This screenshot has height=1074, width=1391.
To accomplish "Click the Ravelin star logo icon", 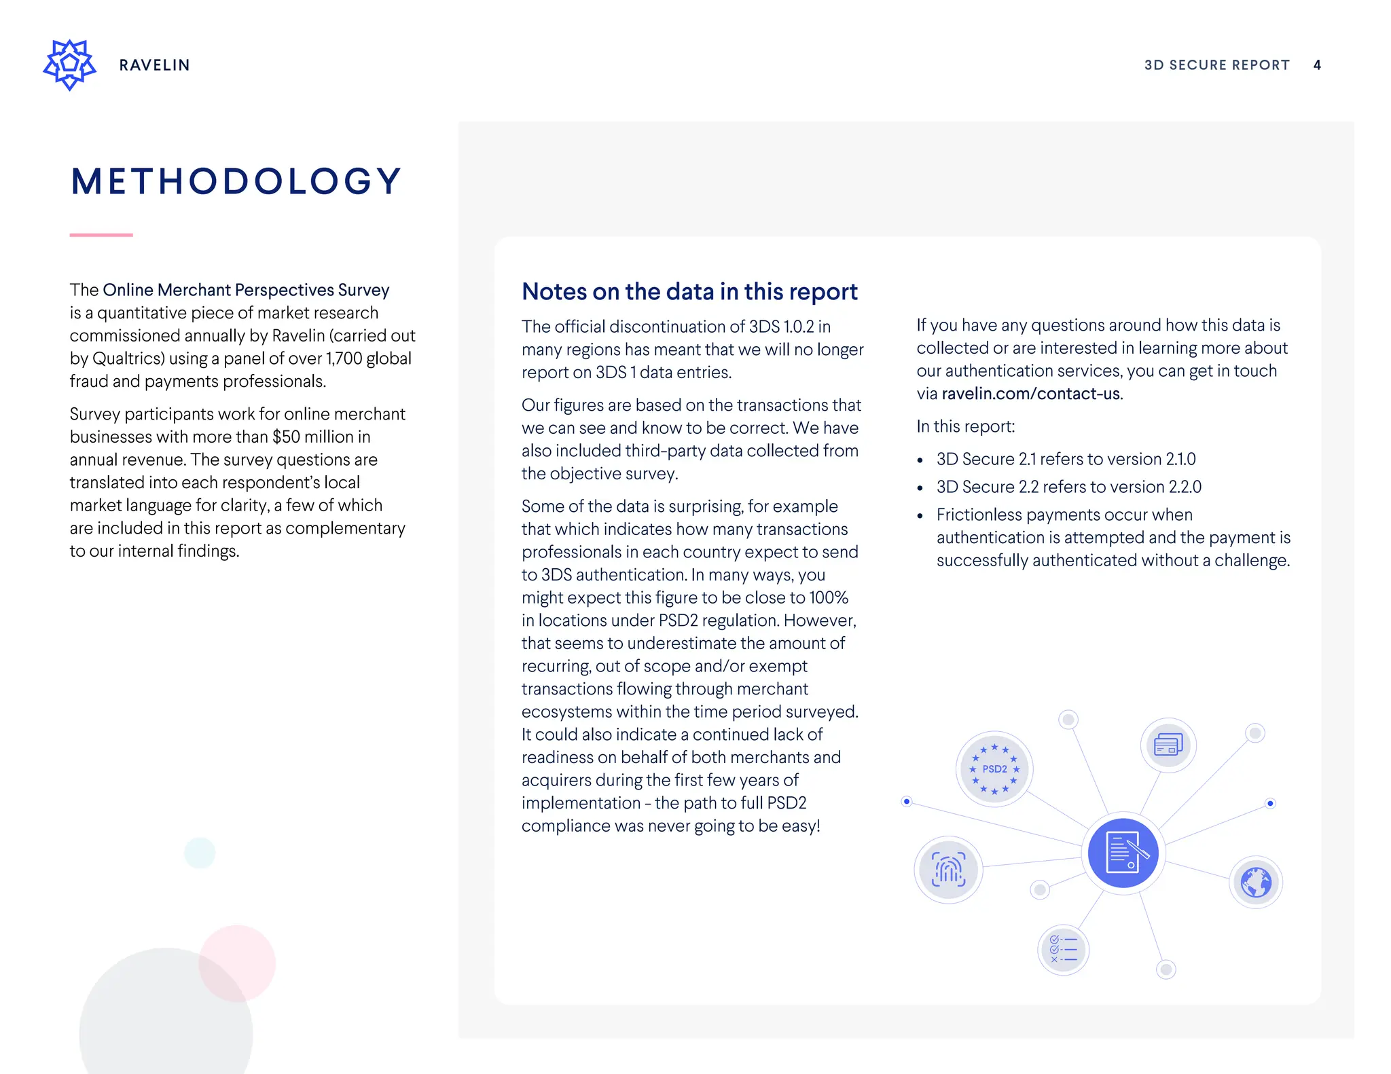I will (x=69, y=64).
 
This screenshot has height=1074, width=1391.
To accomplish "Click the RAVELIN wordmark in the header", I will (x=154, y=65).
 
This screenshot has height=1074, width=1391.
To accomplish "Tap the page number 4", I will (x=1317, y=65).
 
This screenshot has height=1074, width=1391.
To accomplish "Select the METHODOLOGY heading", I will (x=236, y=181).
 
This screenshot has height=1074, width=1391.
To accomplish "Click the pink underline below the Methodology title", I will (x=101, y=235).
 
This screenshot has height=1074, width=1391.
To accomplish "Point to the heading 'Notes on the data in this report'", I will (x=689, y=291).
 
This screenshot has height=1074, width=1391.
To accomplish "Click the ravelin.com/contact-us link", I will (x=1031, y=394).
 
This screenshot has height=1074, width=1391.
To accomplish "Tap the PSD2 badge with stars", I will (x=994, y=769).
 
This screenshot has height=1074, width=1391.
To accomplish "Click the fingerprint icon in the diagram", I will (x=948, y=870).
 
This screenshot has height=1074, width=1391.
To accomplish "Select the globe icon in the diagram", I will (x=1256, y=883).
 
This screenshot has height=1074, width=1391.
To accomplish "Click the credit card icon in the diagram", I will (x=1168, y=745).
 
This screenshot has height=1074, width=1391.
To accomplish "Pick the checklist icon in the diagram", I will (x=1063, y=949).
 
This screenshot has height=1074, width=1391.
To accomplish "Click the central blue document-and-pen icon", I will (x=1123, y=853).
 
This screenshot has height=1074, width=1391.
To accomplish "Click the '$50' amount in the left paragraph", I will (x=286, y=437).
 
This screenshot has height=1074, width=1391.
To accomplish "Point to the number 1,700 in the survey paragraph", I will (x=344, y=358).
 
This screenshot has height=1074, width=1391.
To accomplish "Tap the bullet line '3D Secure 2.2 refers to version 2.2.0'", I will (x=1068, y=487).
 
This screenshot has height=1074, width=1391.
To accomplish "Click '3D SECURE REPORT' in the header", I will (x=1216, y=65).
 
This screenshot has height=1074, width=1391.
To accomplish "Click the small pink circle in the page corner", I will (x=237, y=963).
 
